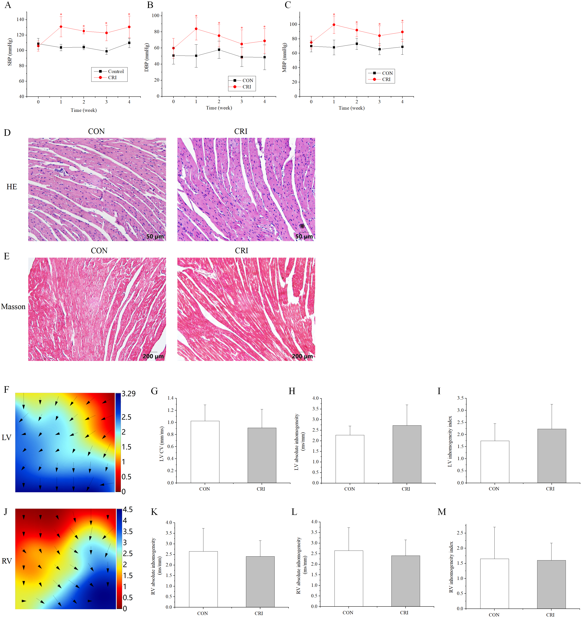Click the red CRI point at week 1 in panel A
[61, 27]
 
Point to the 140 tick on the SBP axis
[20, 20]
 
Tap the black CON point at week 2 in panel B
[219, 50]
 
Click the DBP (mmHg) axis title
[147, 58]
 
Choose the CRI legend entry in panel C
[386, 80]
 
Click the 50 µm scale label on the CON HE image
[155, 237]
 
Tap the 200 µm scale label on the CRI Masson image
[302, 356]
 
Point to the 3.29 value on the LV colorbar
[128, 394]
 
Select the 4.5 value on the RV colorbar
[128, 510]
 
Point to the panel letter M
[442, 512]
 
